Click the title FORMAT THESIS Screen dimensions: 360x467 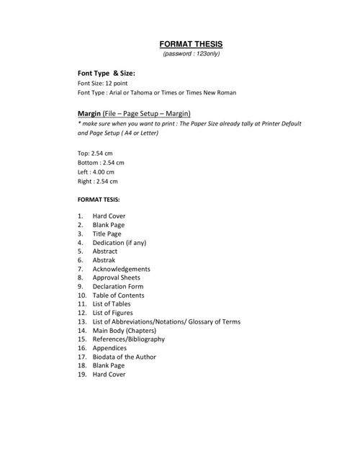192,43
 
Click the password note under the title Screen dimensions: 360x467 192,54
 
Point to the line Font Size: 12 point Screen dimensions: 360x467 109,83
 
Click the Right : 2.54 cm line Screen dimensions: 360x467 97,182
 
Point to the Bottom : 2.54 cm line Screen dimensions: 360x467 101,162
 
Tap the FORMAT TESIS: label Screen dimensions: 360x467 99,198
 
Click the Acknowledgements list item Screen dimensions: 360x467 126,269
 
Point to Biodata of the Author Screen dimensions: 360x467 124,357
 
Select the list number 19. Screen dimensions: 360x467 82,374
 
